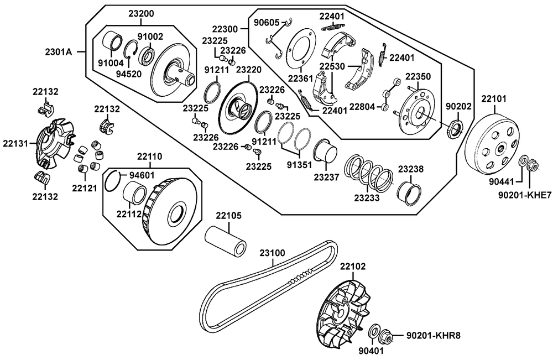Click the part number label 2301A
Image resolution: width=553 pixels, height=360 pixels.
[x=58, y=52]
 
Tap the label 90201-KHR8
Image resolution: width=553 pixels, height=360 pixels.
[x=434, y=335]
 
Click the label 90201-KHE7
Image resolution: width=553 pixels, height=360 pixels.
[x=524, y=195]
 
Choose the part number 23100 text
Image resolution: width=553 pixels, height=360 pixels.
[x=272, y=253]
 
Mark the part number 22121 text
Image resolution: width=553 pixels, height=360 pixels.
[x=84, y=188]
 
